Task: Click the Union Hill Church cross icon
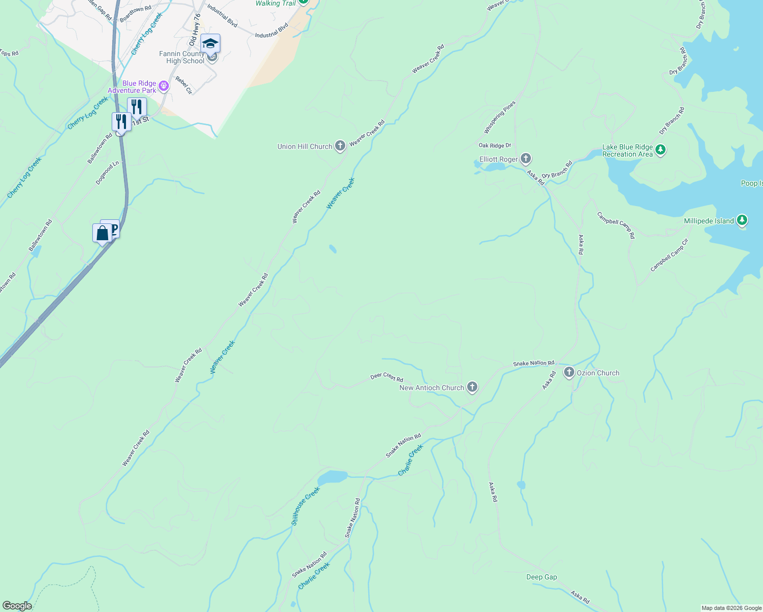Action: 340,146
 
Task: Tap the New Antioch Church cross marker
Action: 472,388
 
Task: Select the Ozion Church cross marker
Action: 569,373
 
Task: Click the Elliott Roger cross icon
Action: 526,159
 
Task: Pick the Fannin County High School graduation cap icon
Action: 210,44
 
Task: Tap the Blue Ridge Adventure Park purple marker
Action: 164,86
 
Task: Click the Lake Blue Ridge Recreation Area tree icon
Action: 660,150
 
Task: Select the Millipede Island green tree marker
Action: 742,221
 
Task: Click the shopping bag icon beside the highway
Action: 102,234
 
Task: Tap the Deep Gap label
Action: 542,577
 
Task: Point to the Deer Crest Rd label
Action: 387,377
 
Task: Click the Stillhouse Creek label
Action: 306,506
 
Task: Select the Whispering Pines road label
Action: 500,117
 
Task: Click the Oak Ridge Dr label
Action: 495,146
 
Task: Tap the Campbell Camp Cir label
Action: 669,255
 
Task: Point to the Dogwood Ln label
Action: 107,173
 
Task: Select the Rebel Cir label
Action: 184,85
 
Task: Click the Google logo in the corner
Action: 17,606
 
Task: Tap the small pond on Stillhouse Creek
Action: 332,477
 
